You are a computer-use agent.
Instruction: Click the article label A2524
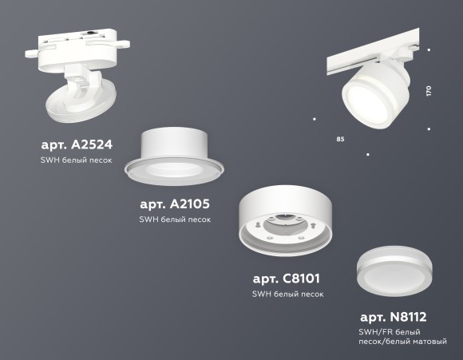[77, 145]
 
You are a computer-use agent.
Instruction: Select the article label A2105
[174, 204]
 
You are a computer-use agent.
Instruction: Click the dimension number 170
[429, 90]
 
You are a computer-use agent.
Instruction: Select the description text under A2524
[77, 160]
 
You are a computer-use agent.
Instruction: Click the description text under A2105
[175, 219]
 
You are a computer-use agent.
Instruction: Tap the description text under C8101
[287, 294]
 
